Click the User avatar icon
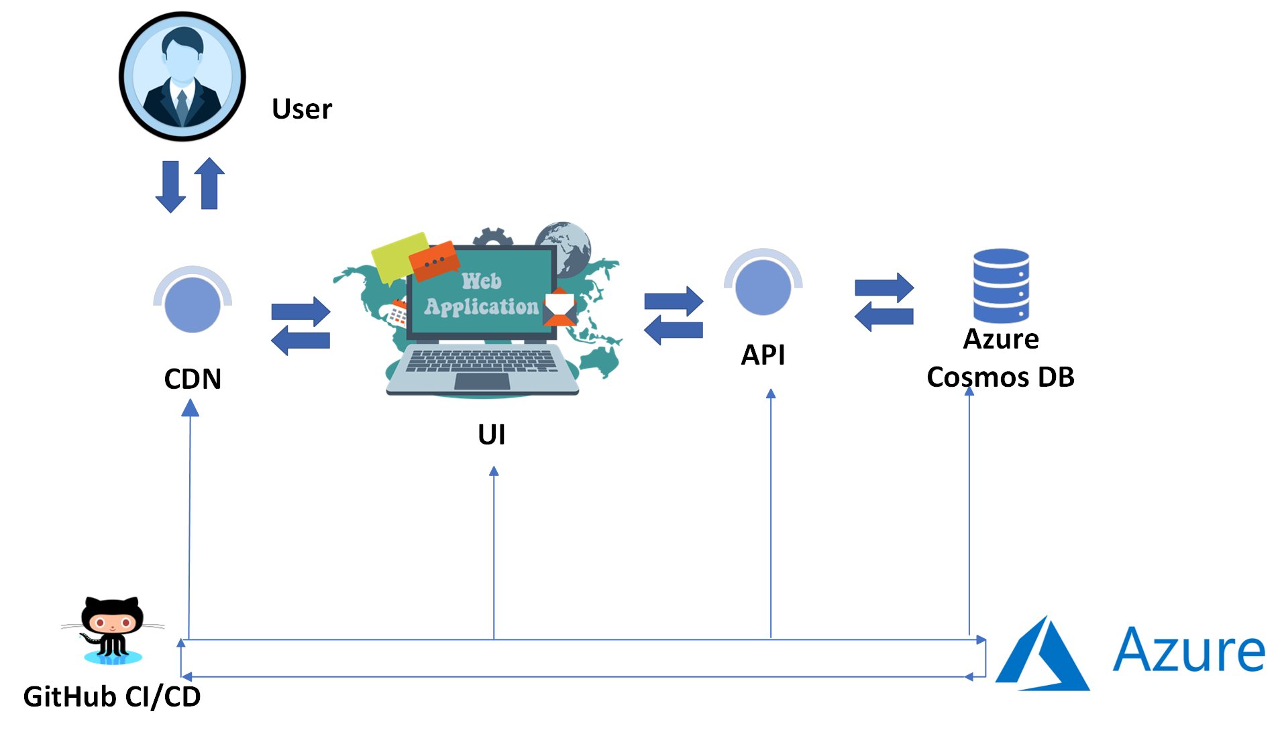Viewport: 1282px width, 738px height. click(182, 76)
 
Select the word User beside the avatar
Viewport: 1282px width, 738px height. click(302, 109)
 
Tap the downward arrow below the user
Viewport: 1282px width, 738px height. click(170, 186)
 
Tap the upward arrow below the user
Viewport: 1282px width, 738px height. click(209, 184)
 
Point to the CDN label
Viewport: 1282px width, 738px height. click(193, 379)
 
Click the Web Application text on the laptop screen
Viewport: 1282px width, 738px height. click(482, 294)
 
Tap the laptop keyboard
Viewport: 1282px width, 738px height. click(482, 361)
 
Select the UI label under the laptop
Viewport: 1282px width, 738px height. click(492, 434)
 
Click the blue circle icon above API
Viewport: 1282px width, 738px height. click(763, 286)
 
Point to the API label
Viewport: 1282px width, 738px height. click(763, 355)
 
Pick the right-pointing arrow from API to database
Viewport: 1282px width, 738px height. click(884, 288)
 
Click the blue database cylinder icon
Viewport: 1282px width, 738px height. click(1001, 286)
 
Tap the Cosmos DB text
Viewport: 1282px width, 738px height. click(1000, 377)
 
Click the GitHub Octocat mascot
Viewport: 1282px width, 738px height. click(113, 629)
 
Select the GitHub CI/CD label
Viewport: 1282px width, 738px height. click(112, 697)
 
